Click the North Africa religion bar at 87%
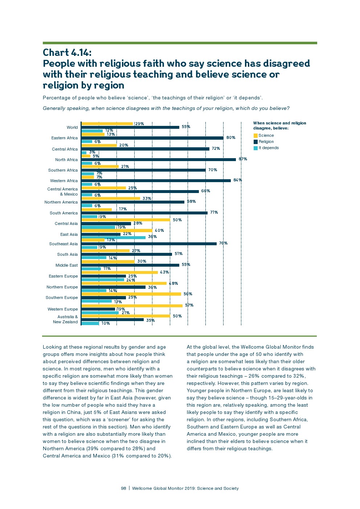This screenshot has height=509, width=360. click(x=159, y=160)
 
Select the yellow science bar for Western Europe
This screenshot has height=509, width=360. click(x=132, y=305)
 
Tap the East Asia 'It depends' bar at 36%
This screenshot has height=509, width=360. click(x=114, y=238)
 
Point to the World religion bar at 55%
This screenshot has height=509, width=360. click(x=130, y=127)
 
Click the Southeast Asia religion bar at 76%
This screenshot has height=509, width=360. click(x=149, y=244)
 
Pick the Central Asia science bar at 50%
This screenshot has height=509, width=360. click(x=126, y=220)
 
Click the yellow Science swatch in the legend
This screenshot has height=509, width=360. click(x=255, y=136)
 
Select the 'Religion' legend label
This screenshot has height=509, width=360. click(x=266, y=142)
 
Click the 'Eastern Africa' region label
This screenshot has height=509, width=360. click(x=64, y=138)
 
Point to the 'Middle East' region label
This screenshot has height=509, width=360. click(x=66, y=265)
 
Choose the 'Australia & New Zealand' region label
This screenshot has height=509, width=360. click(x=65, y=319)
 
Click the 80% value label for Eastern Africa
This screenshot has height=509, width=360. click(x=231, y=138)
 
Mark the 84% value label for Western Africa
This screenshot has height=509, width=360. click(x=238, y=180)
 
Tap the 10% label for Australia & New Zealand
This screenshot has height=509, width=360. click(x=106, y=324)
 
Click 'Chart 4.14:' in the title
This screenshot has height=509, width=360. click(x=67, y=53)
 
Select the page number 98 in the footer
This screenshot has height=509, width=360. click(x=123, y=488)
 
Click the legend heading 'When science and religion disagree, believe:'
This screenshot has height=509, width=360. click(x=279, y=126)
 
